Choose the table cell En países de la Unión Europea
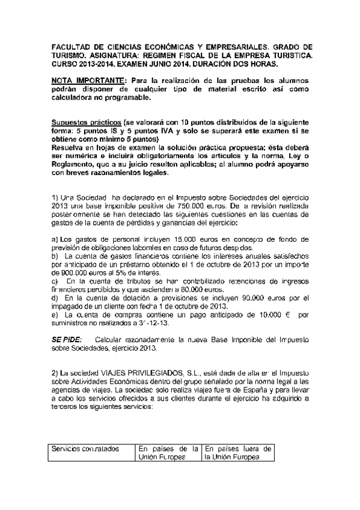168,453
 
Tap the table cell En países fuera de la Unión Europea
238,453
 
